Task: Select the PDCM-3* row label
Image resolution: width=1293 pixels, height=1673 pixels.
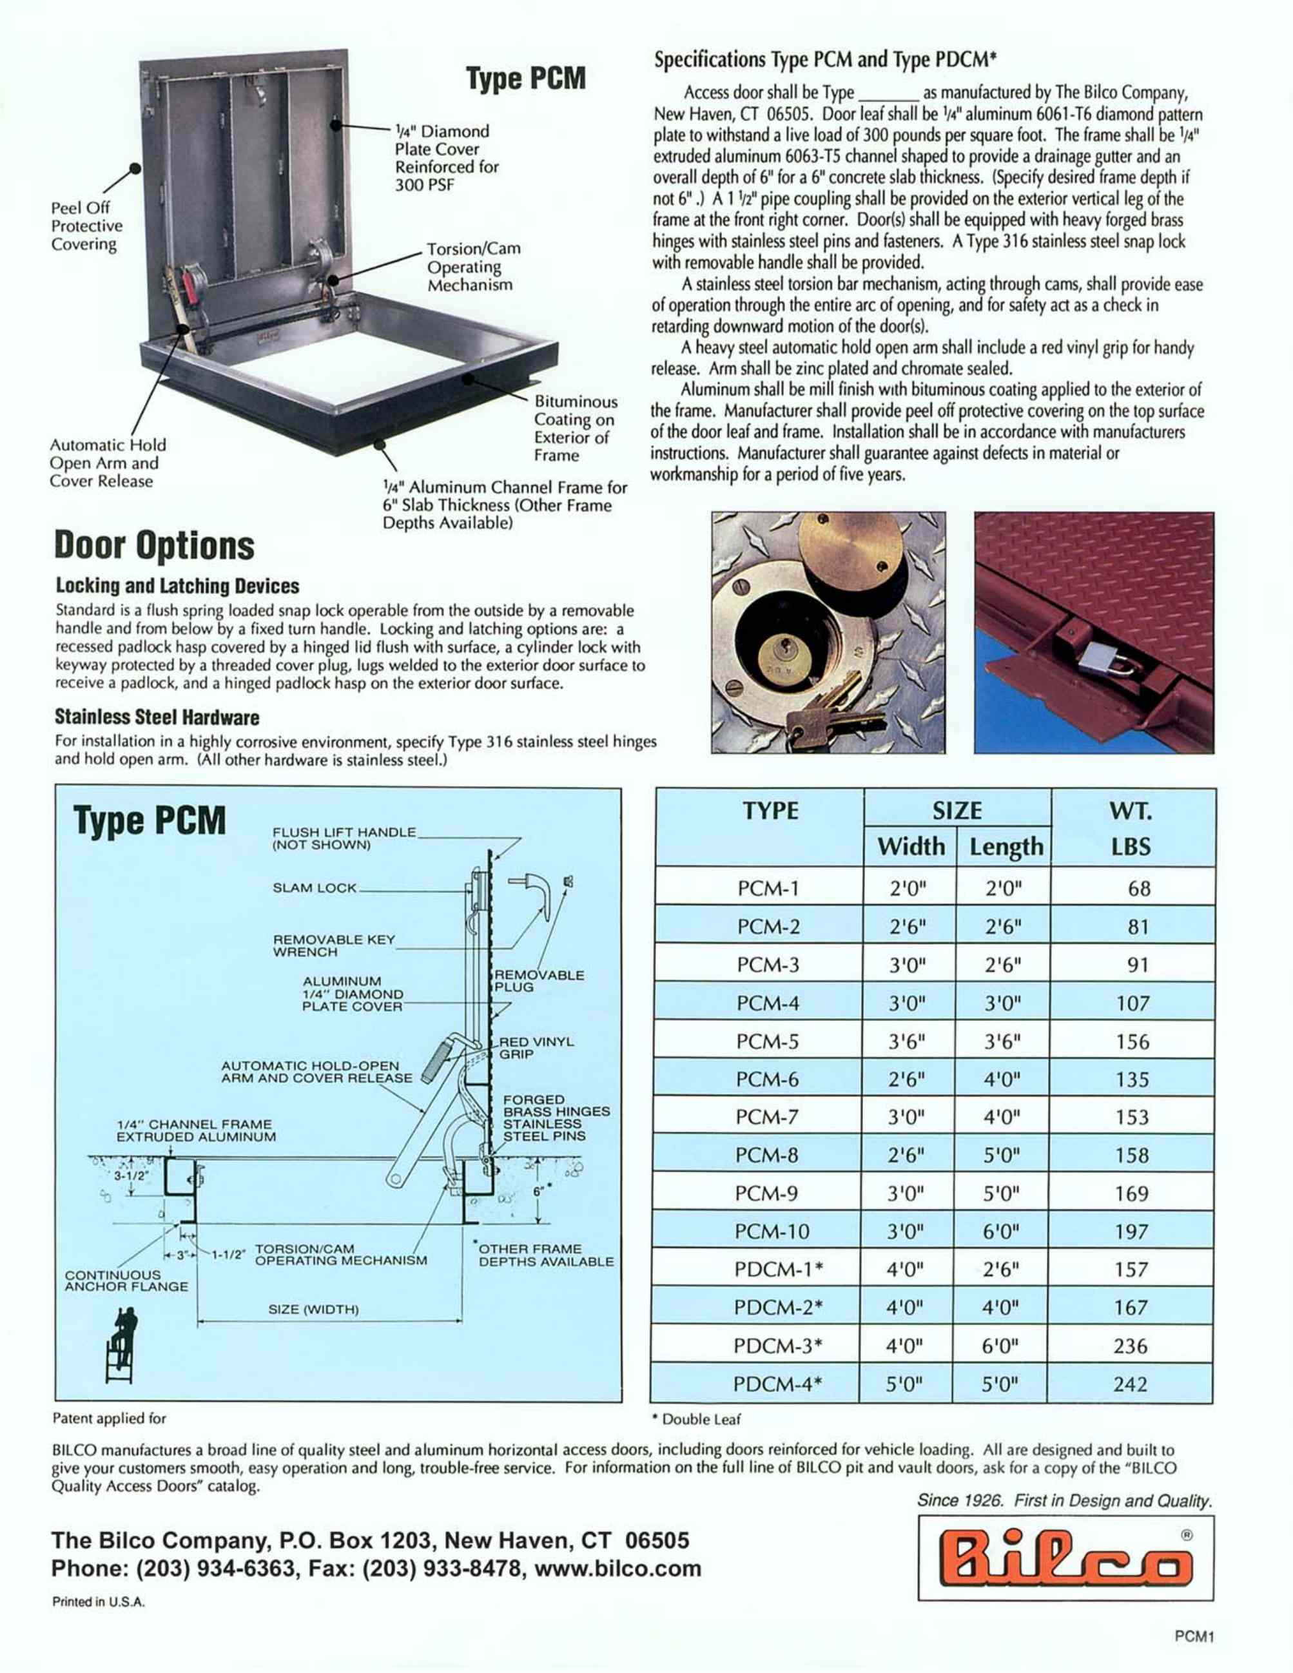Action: (777, 1345)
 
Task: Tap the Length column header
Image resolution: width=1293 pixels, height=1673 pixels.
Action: (1006, 846)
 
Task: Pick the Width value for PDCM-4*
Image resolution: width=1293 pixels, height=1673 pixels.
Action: (904, 1384)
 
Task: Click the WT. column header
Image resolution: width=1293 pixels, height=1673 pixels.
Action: (1131, 811)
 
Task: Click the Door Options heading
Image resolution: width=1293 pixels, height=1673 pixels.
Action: (154, 546)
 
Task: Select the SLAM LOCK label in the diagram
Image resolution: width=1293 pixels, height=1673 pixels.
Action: (314, 888)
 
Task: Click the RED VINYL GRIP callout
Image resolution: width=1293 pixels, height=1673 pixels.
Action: (536, 1048)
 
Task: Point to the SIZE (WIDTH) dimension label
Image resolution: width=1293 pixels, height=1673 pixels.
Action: (313, 1309)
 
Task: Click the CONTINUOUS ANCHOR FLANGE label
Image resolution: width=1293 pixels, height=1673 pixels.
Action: (126, 1281)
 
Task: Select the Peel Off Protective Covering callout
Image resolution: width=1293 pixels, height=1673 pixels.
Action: (86, 226)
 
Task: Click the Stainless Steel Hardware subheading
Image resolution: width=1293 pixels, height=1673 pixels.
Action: (157, 717)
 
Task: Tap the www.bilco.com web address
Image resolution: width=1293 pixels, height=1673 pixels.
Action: (617, 1568)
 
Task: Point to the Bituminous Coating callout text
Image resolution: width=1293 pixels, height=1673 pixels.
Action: (574, 428)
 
